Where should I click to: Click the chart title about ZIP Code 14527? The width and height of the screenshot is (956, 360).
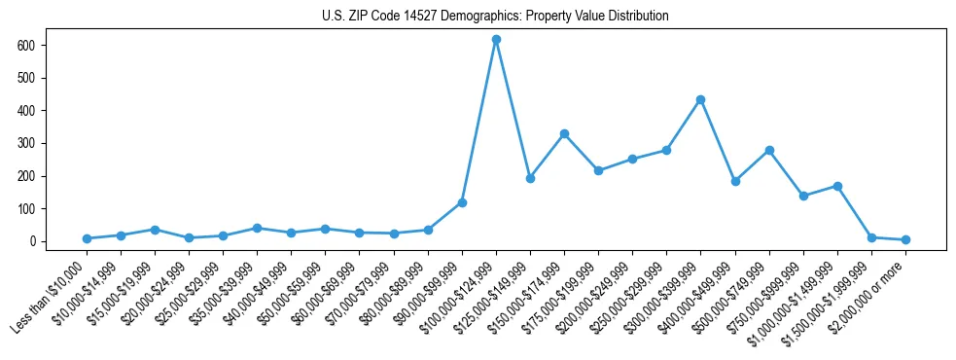(495, 17)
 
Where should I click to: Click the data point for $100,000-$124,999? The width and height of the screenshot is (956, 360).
(496, 40)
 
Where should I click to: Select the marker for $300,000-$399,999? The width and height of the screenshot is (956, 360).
(700, 99)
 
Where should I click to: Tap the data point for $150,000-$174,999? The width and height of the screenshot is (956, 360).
(564, 133)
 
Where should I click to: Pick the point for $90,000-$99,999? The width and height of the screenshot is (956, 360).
(462, 202)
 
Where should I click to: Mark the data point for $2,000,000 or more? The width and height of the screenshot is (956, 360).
(905, 239)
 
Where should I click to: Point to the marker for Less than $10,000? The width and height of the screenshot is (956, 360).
(87, 238)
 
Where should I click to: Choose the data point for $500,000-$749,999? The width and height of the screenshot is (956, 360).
(769, 150)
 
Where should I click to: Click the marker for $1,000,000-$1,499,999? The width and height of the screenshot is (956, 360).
(837, 186)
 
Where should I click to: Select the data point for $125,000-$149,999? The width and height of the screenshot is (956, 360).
(530, 178)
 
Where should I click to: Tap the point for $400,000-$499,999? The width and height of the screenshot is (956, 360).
(735, 181)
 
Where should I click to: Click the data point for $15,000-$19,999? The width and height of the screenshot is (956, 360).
(155, 230)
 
